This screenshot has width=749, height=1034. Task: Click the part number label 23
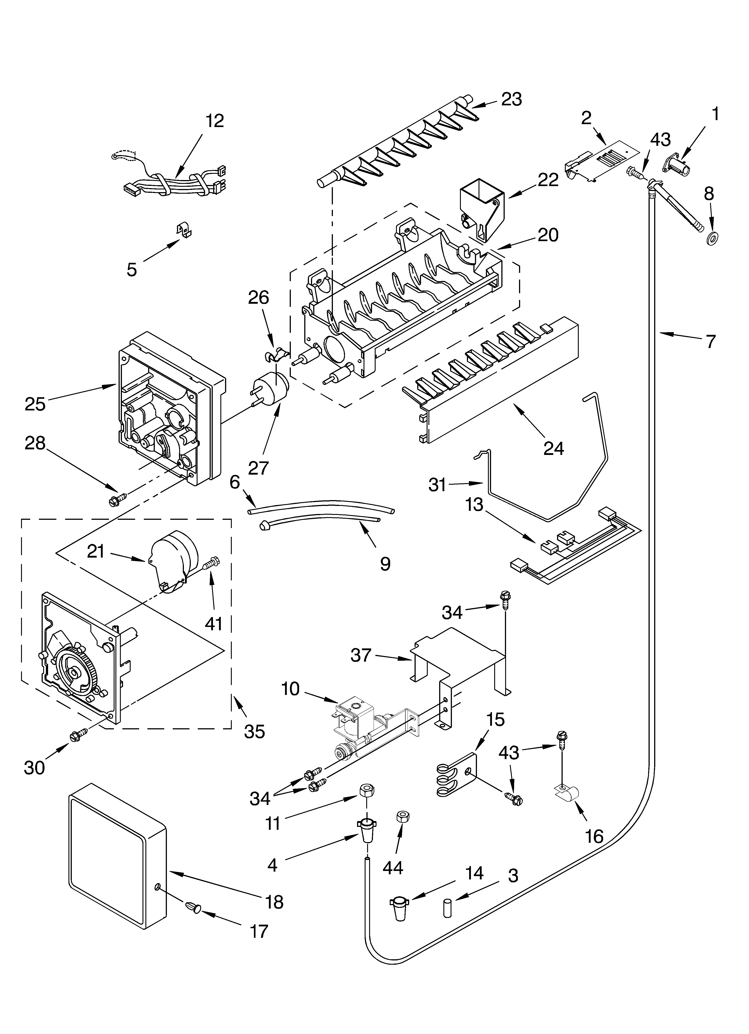511,99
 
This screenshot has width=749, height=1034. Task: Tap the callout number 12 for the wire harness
214,121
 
